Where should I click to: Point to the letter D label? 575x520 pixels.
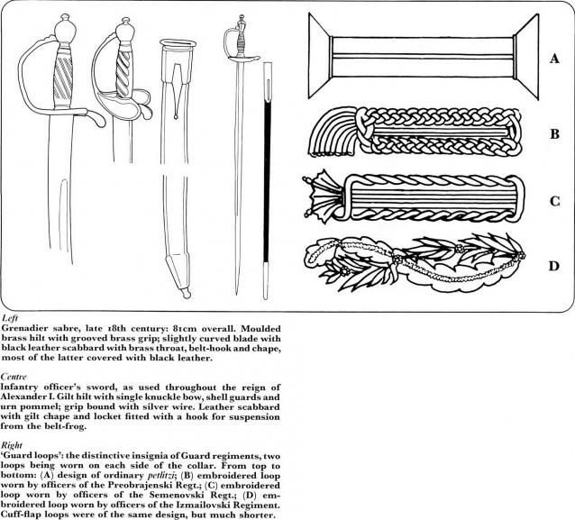(x=554, y=267)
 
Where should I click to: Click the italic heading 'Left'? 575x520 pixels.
(x=8, y=318)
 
